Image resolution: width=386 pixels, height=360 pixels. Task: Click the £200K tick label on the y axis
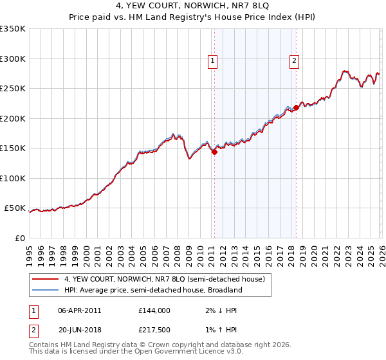coord(13,118)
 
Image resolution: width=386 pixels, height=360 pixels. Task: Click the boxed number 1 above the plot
coord(213,61)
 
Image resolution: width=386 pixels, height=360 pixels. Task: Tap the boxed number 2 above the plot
coord(294,61)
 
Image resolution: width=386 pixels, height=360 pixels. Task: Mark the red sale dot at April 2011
coord(214,152)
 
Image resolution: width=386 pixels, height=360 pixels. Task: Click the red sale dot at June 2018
coord(296,108)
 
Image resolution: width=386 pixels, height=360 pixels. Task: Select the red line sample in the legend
coord(46,279)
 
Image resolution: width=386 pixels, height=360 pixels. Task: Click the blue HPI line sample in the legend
coord(46,290)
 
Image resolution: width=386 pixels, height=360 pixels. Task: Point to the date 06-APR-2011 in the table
coord(79,310)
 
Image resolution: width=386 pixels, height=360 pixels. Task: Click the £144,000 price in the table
coord(154,310)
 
